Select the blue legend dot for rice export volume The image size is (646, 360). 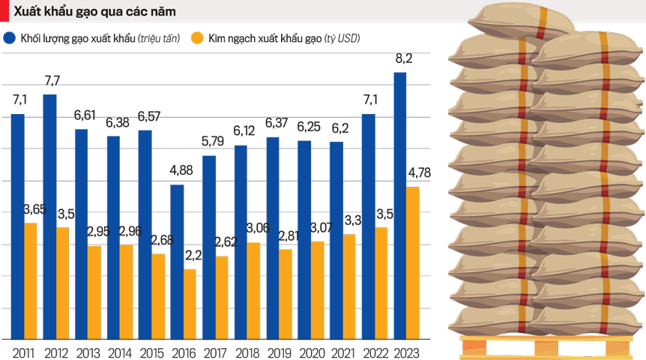[10, 37]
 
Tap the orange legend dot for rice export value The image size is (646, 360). [197, 37]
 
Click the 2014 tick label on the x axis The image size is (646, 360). [119, 352]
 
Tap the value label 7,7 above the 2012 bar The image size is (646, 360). [52, 80]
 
